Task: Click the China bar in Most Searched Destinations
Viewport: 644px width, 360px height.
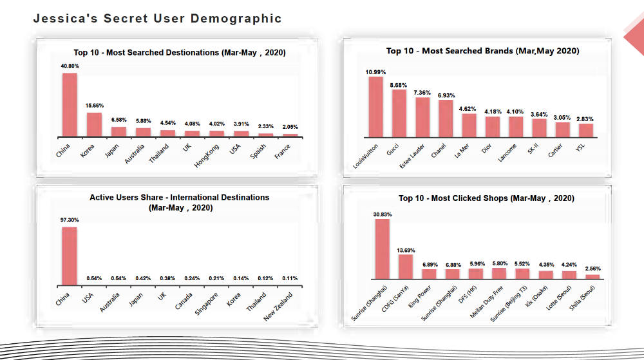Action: click(x=70, y=104)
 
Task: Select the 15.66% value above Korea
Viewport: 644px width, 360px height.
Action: click(x=95, y=106)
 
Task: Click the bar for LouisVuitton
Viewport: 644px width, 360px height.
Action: click(x=375, y=107)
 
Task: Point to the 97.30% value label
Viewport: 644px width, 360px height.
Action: click(x=70, y=220)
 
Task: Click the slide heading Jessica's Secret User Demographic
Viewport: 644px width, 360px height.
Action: click(x=157, y=19)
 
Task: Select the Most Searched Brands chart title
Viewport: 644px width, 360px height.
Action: click(x=482, y=51)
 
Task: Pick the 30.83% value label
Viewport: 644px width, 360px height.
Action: click(x=383, y=214)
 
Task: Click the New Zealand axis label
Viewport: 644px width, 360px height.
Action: click(x=278, y=307)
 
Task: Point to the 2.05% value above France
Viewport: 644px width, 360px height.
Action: click(x=290, y=127)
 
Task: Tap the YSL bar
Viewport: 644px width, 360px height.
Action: click(x=585, y=130)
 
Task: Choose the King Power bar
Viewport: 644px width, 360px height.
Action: click(x=429, y=274)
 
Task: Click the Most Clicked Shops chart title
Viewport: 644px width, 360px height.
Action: click(x=486, y=198)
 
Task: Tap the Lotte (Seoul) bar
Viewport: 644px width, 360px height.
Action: click(x=569, y=274)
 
